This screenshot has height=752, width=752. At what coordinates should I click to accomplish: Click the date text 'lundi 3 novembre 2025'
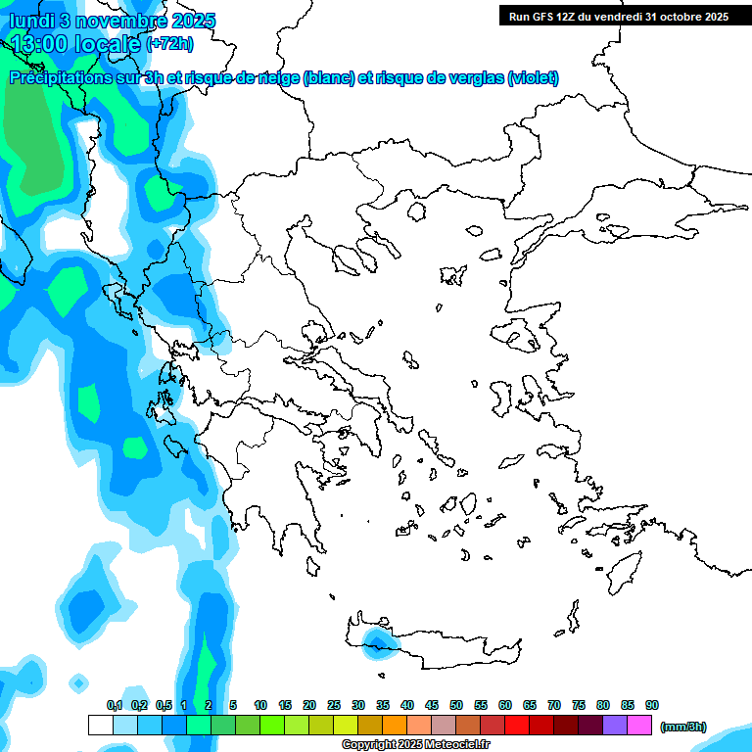[x=113, y=21]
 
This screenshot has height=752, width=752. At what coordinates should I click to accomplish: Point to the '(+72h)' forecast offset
[x=169, y=44]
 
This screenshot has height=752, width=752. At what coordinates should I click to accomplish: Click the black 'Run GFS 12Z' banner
[x=617, y=16]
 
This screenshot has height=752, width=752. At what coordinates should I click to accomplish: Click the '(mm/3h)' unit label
[x=682, y=728]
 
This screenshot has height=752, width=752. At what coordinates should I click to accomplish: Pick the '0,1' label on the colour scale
[x=115, y=706]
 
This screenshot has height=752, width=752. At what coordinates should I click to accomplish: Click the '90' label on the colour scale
[x=652, y=706]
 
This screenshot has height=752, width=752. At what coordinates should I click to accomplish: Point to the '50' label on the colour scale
[x=456, y=706]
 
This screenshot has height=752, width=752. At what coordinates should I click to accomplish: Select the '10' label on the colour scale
[x=260, y=706]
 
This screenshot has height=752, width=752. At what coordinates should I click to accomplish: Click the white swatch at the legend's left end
[x=101, y=726]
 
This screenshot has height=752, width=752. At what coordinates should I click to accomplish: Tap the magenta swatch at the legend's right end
[x=639, y=726]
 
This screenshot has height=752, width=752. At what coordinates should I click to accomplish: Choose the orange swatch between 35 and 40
[x=395, y=726]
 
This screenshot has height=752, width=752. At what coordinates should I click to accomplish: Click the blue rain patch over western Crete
[x=376, y=642]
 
